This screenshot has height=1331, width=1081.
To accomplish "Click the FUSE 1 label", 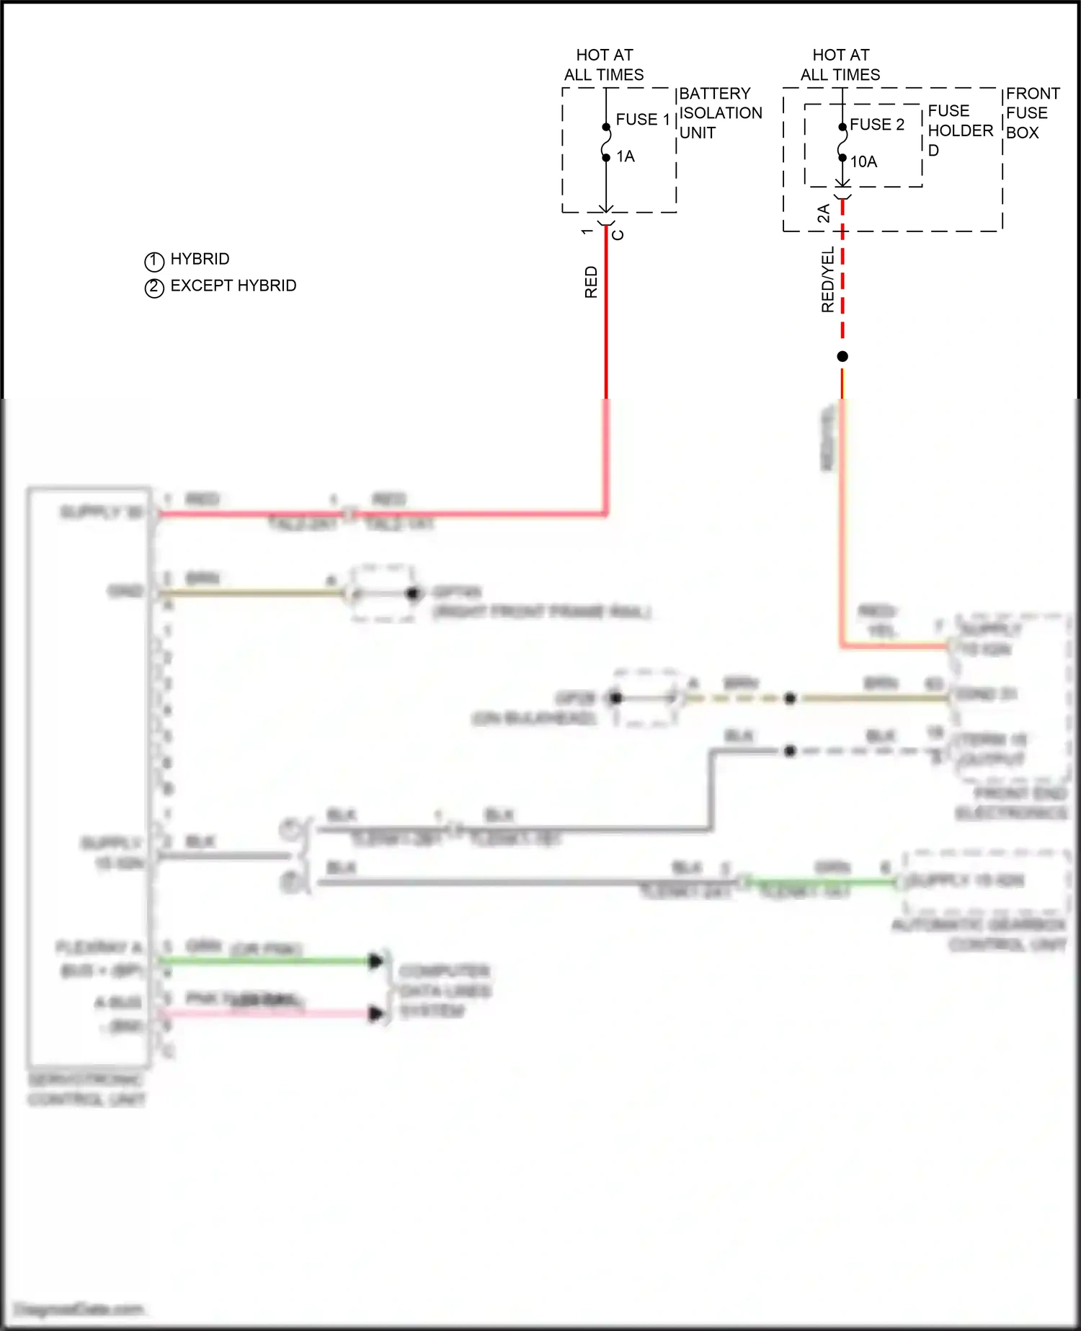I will pos(643,120).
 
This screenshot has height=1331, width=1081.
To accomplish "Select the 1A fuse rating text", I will pos(626,156).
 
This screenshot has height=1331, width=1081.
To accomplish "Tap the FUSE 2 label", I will pos(877,125).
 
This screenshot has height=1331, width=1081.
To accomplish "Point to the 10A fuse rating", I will pos(863,162).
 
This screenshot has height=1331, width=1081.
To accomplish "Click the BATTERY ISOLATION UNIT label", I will pos(720,113).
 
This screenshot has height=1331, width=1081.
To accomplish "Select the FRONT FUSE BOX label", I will pos(1032,113).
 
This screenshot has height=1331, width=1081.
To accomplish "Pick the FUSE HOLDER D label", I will pos(959,131).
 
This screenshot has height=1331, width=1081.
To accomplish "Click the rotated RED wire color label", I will pos(591,282).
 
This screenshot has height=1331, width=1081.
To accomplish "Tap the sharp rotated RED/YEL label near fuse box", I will pos(827,280).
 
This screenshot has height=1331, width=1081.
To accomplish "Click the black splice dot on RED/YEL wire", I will pos(842,356).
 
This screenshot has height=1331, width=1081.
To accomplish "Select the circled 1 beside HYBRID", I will pos(154,260).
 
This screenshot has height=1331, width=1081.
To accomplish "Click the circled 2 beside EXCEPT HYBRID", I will pos(154,288).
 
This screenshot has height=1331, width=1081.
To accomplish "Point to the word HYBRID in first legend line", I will pos(200,259).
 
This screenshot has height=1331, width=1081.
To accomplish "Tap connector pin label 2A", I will pos(823,213).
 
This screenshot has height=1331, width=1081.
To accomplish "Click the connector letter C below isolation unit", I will pos(618,234).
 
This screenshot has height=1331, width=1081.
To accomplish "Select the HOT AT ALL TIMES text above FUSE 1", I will pos(604,65).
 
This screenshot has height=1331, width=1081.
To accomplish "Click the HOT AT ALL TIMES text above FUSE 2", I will pos(840,65).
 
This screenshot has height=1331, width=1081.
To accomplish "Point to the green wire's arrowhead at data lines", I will pos(375,960).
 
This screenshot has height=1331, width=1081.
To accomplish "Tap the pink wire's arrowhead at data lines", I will pos(375,1014).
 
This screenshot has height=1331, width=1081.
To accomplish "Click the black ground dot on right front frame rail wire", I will pos(412,593).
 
